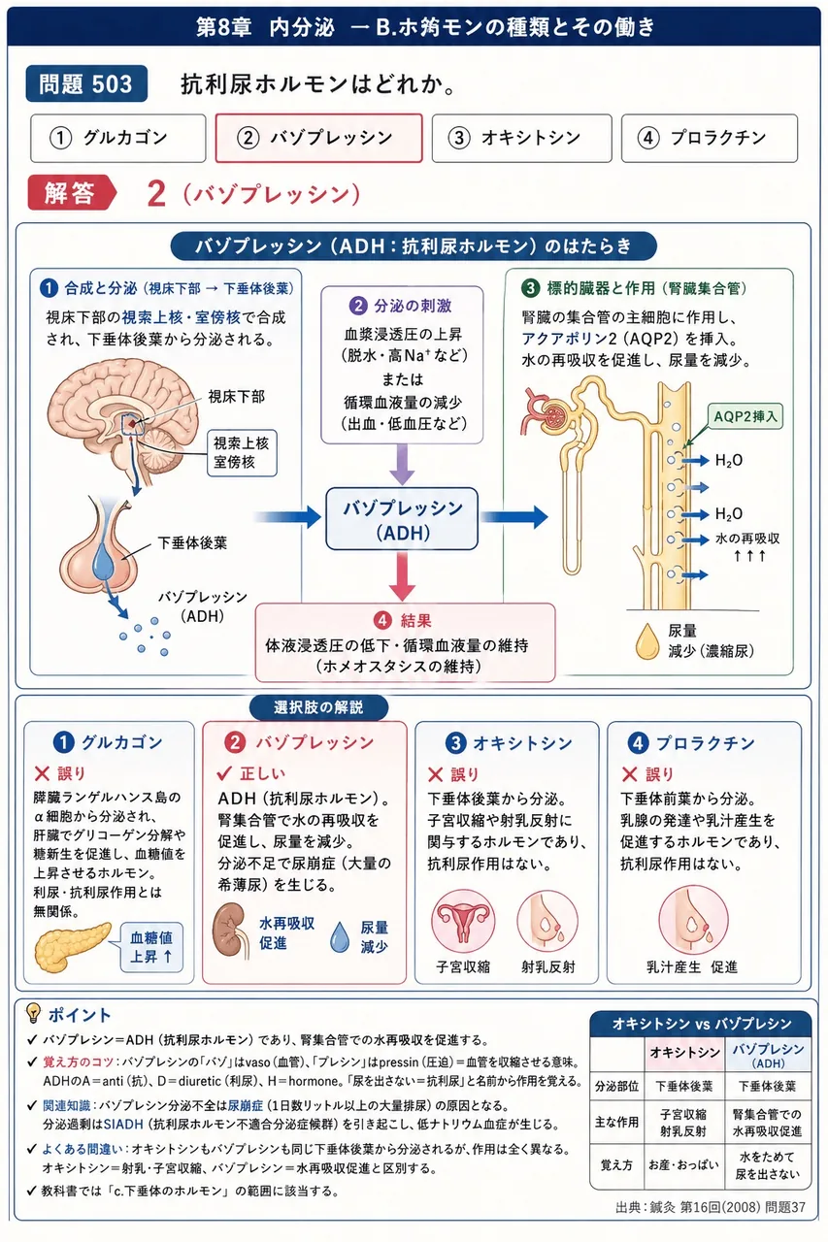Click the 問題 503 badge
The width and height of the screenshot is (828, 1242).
click(86, 83)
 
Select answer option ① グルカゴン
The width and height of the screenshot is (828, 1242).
click(118, 138)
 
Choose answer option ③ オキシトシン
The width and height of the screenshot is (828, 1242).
click(521, 138)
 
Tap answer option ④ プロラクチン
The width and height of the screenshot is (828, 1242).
click(710, 138)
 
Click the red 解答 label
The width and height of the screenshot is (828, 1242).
click(71, 193)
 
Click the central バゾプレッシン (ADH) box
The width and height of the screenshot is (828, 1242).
click(402, 519)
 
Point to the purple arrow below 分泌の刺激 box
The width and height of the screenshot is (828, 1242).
click(402, 465)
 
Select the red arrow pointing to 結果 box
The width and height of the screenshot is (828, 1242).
click(402, 576)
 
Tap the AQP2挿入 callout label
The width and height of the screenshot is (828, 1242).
click(745, 416)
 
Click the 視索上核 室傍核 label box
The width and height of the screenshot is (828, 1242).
click(242, 452)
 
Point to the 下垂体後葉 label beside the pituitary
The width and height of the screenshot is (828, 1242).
click(192, 542)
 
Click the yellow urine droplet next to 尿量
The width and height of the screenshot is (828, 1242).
click(646, 641)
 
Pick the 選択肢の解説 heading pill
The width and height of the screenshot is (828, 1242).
click(318, 707)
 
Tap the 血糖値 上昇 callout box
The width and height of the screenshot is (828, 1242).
click(151, 947)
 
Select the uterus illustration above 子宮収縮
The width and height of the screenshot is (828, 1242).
click(463, 921)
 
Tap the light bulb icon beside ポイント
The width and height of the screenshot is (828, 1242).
click(34, 1013)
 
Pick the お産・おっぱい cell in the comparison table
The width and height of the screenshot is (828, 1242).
click(683, 1165)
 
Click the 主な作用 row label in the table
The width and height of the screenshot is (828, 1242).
click(616, 1123)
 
